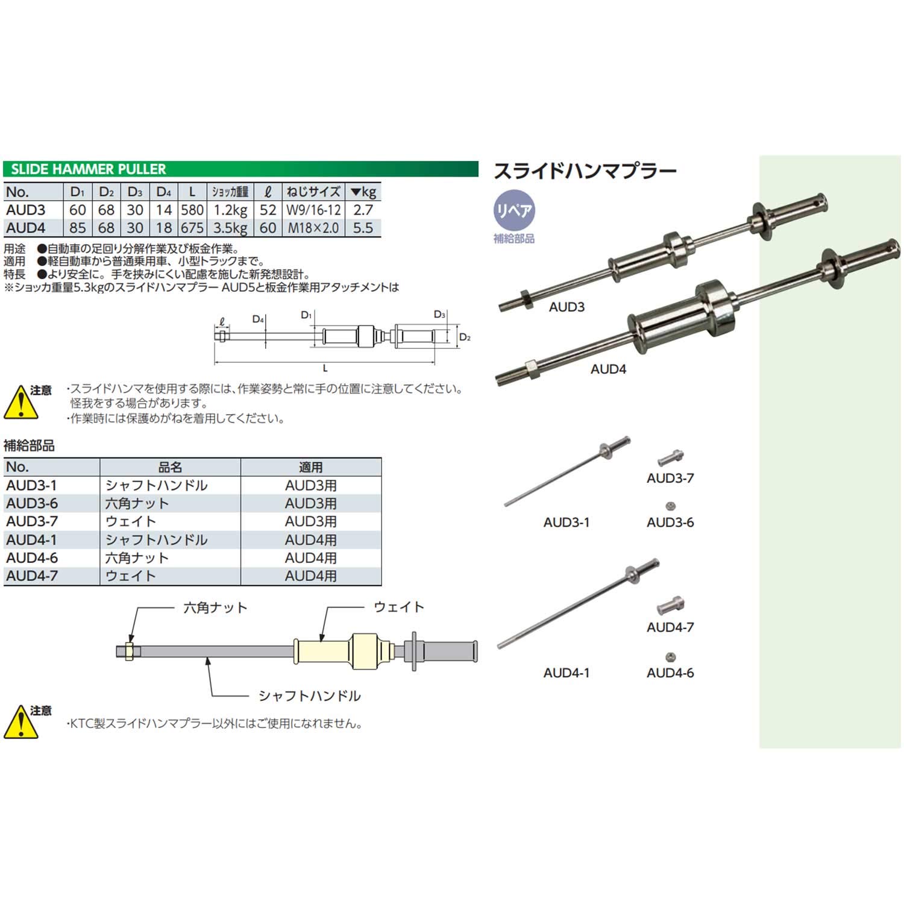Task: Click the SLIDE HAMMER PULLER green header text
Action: pyautogui.click(x=88, y=169)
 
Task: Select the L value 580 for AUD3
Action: pyautogui.click(x=192, y=210)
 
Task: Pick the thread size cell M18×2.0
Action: pyautogui.click(x=313, y=228)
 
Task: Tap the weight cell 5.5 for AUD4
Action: pyautogui.click(x=363, y=228)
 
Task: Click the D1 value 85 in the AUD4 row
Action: pyautogui.click(x=77, y=228)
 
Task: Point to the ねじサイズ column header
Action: pyautogui.click(x=313, y=192)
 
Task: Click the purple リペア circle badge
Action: pyautogui.click(x=513, y=210)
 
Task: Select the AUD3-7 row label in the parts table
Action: pyautogui.click(x=32, y=521)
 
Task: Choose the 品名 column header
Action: pyautogui.click(x=170, y=467)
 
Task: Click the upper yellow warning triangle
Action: pyautogui.click(x=21, y=403)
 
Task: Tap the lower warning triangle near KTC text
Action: pyautogui.click(x=21, y=723)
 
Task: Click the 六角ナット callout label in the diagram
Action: pyautogui.click(x=215, y=607)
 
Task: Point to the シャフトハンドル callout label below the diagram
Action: pyautogui.click(x=309, y=696)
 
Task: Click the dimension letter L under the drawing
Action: pyautogui.click(x=325, y=369)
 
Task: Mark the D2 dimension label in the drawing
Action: pyautogui.click(x=465, y=337)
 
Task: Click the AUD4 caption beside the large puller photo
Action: pyautogui.click(x=608, y=369)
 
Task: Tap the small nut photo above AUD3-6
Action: pyautogui.click(x=670, y=506)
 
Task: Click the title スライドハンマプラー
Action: pyautogui.click(x=585, y=172)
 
